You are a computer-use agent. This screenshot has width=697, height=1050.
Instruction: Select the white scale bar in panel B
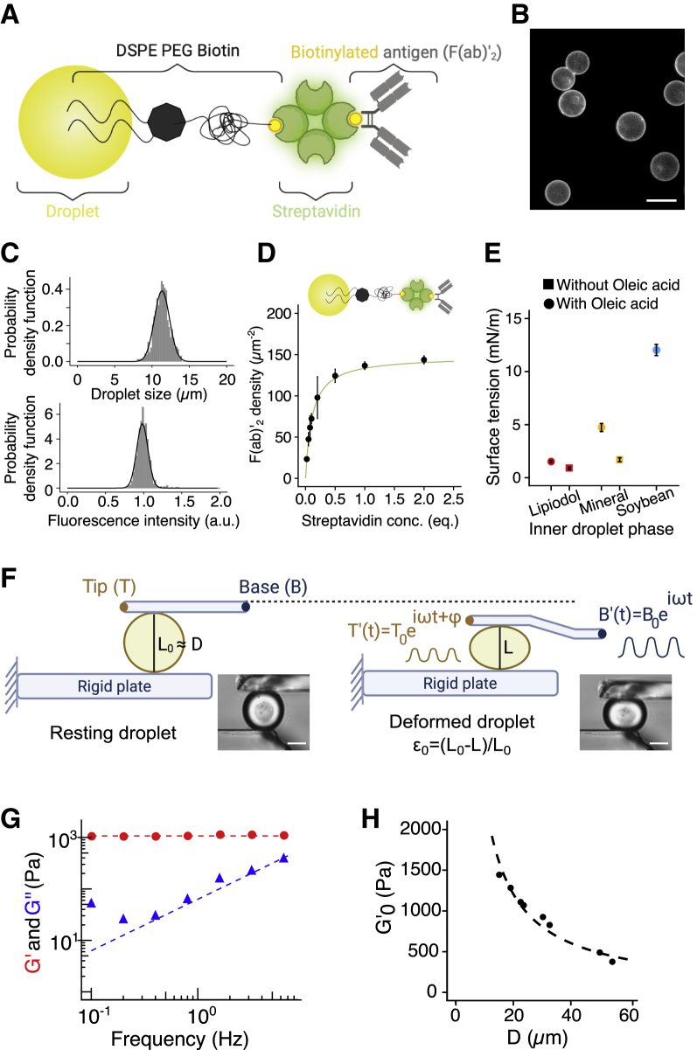click(663, 202)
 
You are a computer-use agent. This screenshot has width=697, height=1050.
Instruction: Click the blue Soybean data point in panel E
click(657, 350)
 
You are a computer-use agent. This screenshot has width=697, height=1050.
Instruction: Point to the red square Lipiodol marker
click(568, 468)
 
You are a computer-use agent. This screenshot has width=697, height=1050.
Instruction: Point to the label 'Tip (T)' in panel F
click(108, 583)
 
